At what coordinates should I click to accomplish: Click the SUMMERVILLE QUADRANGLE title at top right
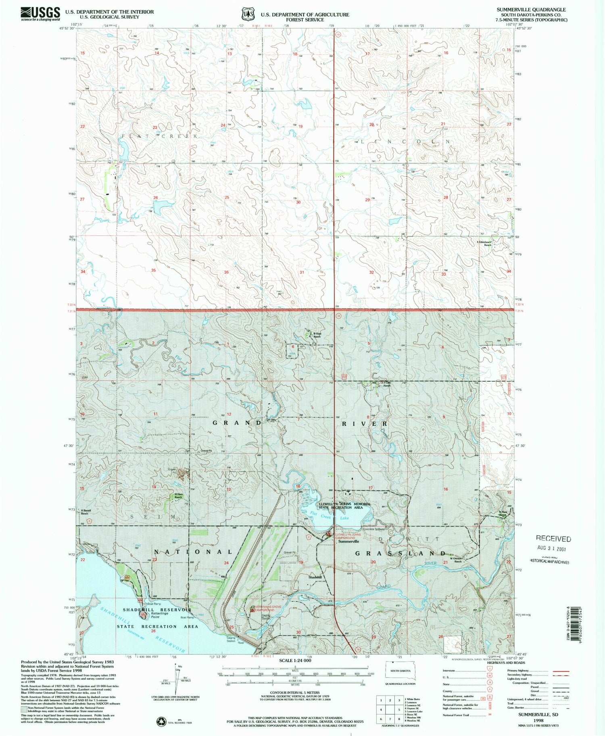[x=531, y=10]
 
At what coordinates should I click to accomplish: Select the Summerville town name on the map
[x=348, y=541]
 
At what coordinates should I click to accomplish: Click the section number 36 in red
[x=226, y=272]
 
